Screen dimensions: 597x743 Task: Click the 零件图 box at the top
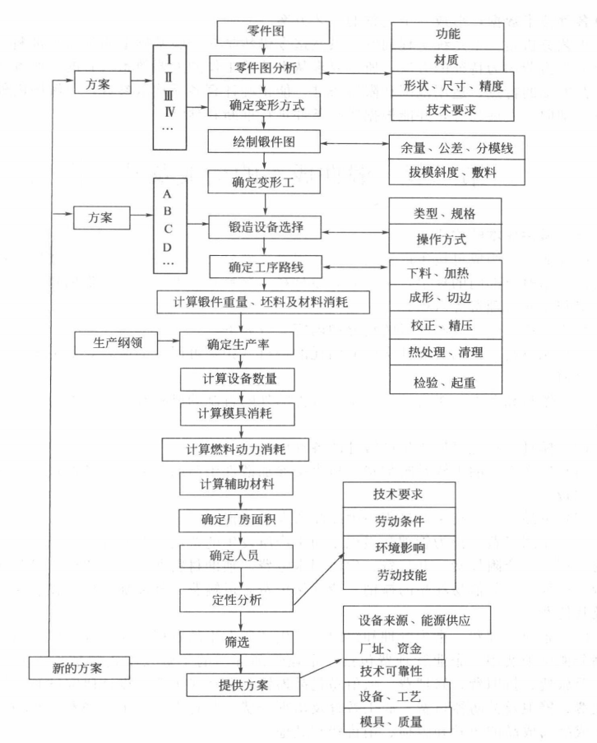[x=273, y=32]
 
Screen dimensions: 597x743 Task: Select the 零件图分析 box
[x=266, y=67]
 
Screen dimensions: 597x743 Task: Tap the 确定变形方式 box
[x=264, y=104]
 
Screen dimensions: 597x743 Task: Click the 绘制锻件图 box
[x=264, y=142]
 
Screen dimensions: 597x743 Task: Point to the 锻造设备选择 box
[x=265, y=227]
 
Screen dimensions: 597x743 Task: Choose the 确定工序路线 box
[x=266, y=267]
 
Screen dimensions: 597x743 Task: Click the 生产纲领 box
[x=116, y=343]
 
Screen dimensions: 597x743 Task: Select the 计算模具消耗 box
[x=237, y=414]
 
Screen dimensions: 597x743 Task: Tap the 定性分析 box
[x=236, y=601]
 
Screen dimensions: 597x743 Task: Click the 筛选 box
[x=236, y=643]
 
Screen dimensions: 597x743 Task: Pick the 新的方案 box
[x=79, y=668]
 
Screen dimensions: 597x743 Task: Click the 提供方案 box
[x=243, y=685]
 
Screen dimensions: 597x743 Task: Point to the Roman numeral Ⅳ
[x=169, y=112]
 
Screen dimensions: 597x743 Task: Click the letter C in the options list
[x=168, y=230]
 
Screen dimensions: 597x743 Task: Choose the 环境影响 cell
[x=399, y=548]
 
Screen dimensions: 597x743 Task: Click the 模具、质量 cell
[x=397, y=722]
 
